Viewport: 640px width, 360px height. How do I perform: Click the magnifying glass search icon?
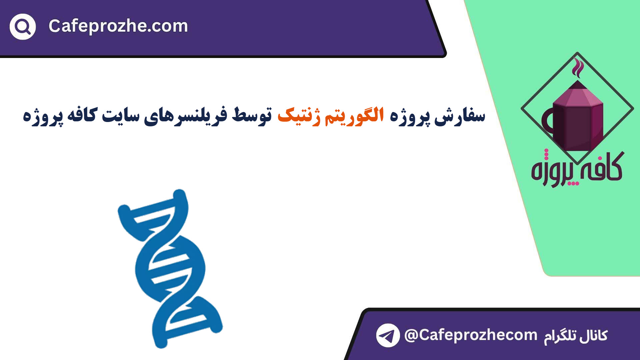[x=23, y=27]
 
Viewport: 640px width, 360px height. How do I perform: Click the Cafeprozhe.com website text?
[x=118, y=26]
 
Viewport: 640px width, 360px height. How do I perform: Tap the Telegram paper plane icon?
[x=388, y=335]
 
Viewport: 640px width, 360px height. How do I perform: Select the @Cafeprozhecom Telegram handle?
[x=471, y=335]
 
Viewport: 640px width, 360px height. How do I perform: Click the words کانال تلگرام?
[x=576, y=336]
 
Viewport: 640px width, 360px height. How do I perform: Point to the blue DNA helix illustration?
[x=170, y=269]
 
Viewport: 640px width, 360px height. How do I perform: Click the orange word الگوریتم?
[x=354, y=116]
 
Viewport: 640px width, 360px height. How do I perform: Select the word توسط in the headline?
[x=252, y=115]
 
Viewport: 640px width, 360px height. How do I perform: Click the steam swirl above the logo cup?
[x=578, y=68]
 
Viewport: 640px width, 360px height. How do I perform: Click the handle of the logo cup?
[x=547, y=121]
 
